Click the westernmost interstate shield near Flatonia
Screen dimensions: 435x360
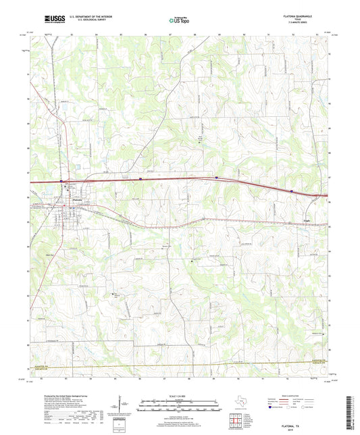pos(61,181)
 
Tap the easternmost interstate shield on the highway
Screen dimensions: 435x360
pos(292,191)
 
